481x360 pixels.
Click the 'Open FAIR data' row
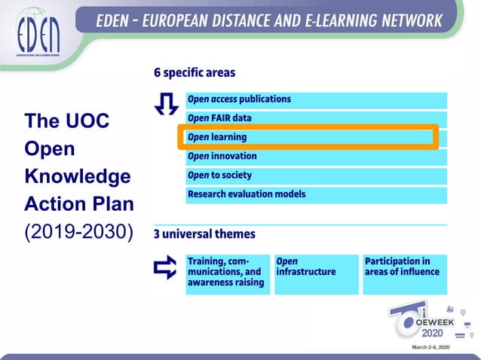[316, 119]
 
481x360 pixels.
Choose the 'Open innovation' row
[316, 157]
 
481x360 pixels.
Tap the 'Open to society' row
[316, 175]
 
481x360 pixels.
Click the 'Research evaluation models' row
[316, 194]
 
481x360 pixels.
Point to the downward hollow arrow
[165, 105]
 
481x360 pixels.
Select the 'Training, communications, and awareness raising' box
[227, 273]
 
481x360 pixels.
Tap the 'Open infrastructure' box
[314, 273]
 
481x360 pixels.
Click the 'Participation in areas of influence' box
[403, 273]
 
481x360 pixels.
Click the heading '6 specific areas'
[195, 73]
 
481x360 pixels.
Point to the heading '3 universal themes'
[204, 234]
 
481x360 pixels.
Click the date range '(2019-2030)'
[78, 231]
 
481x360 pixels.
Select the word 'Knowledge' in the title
[77, 176]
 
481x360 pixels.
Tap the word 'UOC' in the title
[89, 121]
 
